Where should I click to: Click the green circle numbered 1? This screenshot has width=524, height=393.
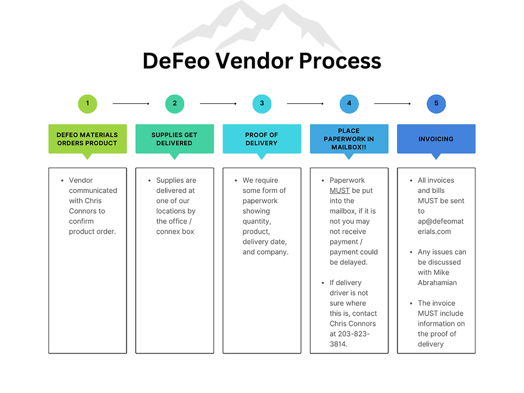click(x=87, y=103)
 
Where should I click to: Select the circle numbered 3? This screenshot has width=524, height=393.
click(x=262, y=103)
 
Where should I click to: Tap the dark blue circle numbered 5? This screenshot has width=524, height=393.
click(x=436, y=103)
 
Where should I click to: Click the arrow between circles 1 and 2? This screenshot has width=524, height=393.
click(x=131, y=103)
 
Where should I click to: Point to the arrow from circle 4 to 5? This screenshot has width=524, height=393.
click(x=393, y=103)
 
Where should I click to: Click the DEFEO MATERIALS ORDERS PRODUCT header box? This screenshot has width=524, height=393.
click(x=87, y=139)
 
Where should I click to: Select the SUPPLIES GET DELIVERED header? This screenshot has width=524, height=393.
click(x=174, y=139)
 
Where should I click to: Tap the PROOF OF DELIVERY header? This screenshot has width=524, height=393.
click(x=262, y=139)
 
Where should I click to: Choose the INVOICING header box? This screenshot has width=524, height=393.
click(x=436, y=139)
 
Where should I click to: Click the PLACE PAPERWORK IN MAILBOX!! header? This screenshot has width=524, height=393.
click(x=349, y=139)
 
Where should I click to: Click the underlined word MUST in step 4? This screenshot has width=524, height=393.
click(x=340, y=191)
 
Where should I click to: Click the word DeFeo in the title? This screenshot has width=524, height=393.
click(x=176, y=61)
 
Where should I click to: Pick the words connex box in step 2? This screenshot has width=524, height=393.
click(x=175, y=231)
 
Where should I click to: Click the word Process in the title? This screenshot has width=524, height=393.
click(x=340, y=61)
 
